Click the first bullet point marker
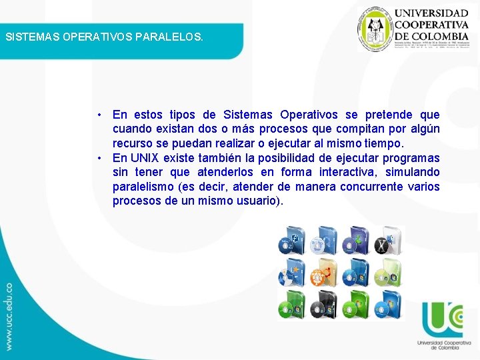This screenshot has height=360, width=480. [98, 115]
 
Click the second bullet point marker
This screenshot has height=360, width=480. [98, 158]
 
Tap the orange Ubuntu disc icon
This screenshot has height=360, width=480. [323, 273]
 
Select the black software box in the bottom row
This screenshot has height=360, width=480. [323, 305]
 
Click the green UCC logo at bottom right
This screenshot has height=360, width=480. [442, 320]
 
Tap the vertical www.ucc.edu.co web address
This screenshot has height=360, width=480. [9, 317]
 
